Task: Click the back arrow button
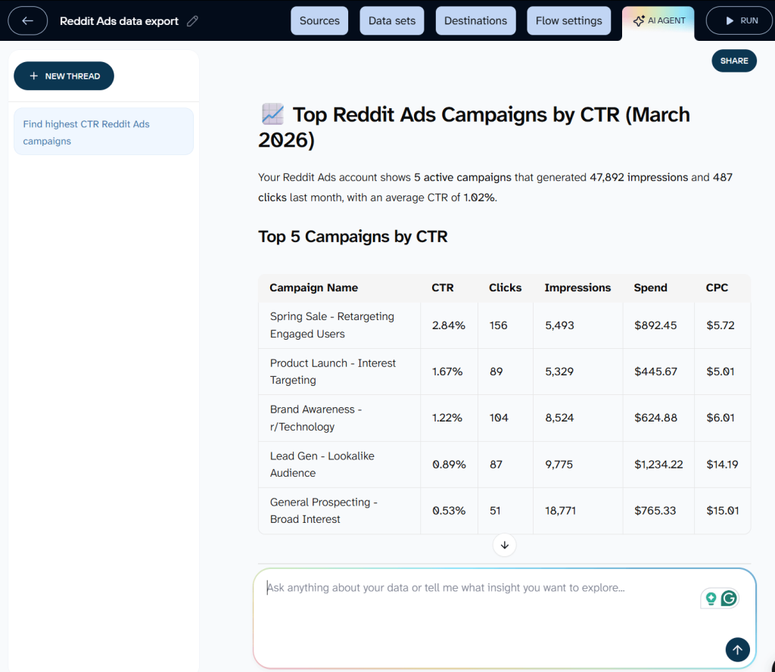[x=28, y=20]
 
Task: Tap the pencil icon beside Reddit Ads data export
[x=192, y=21]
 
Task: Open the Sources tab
[x=319, y=20]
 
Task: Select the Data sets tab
[x=392, y=20]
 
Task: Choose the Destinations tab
[x=476, y=20]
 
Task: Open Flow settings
[x=569, y=20]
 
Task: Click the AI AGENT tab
[x=658, y=20]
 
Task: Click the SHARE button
[x=734, y=61]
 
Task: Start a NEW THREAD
[x=64, y=76]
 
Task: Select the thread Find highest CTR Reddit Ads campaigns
[x=103, y=132]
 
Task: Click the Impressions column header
[x=577, y=288]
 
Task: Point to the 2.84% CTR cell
[x=449, y=325]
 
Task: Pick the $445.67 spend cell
[x=655, y=372]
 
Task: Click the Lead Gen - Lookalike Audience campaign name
[x=322, y=464]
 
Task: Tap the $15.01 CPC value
[x=722, y=511]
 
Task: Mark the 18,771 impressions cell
[x=560, y=511]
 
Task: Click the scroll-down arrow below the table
[x=504, y=544]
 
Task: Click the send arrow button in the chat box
[x=737, y=649]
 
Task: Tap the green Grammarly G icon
[x=729, y=599]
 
